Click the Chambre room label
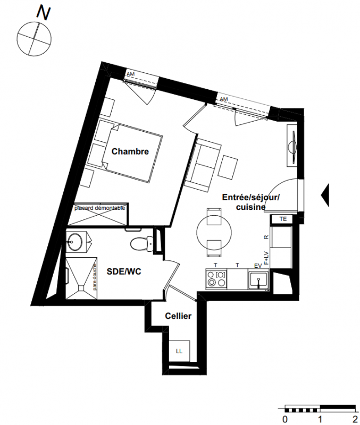coord(130,151)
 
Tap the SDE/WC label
coord(124,271)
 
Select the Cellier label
coord(178,316)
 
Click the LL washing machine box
coord(179,351)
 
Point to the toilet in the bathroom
coord(142,243)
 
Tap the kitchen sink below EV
coord(258,279)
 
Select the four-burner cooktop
coord(216,279)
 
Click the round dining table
coord(214,232)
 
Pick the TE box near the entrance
coord(283,219)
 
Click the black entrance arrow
coord(325,194)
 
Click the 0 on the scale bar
coord(285,419)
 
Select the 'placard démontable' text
coord(100,208)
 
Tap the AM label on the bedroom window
coord(130,74)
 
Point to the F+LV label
coord(266,258)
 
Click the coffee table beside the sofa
coord(228,167)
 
